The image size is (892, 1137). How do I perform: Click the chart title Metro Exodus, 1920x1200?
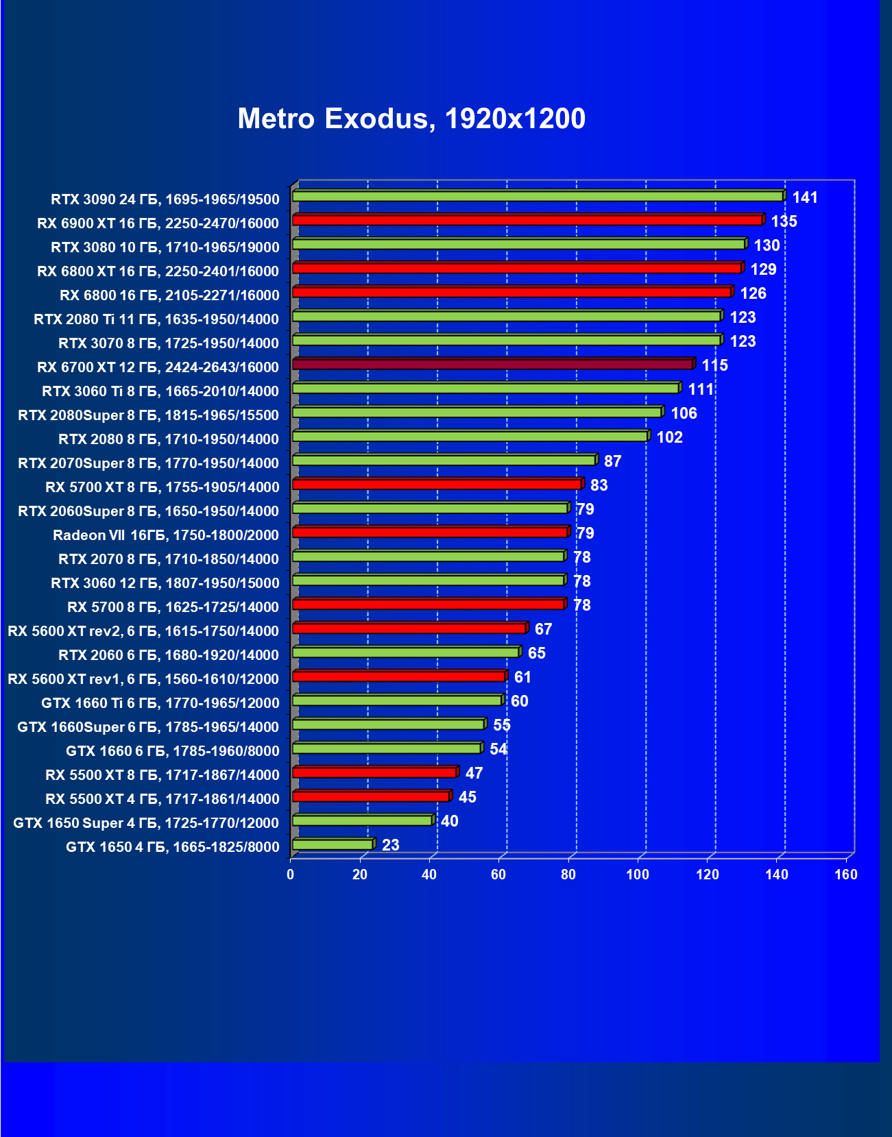(411, 119)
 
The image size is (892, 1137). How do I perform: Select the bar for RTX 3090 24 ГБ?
(538, 197)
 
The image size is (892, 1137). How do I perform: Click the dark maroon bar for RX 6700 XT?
(493, 364)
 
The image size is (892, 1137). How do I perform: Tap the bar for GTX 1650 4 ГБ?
(333, 844)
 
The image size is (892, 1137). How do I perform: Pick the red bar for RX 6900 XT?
(527, 220)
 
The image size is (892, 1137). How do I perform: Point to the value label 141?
(805, 197)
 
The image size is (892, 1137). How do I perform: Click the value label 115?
(714, 365)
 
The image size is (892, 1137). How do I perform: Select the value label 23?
(391, 845)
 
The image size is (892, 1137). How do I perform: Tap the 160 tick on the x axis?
(846, 875)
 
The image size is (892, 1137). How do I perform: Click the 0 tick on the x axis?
(291, 875)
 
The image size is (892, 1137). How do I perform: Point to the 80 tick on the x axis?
(568, 875)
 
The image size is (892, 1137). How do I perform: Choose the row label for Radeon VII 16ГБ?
(166, 535)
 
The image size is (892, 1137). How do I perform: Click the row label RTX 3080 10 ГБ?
(165, 247)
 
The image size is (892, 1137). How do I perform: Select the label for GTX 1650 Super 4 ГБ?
(146, 823)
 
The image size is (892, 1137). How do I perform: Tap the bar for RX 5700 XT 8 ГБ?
(437, 485)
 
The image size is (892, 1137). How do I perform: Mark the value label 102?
(670, 437)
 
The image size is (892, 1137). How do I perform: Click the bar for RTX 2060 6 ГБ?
(406, 652)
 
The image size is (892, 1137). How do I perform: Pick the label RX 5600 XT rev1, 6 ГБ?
(143, 679)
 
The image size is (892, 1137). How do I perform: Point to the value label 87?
(612, 461)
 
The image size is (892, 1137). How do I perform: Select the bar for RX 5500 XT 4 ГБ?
(371, 796)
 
